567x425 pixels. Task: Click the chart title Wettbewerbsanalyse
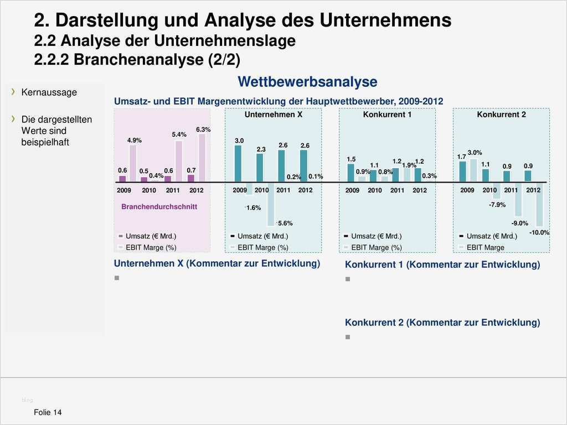[x=307, y=82]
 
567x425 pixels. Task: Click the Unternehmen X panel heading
[x=273, y=115]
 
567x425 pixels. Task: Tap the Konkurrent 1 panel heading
[x=387, y=115]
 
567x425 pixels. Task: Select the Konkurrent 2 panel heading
[x=501, y=115]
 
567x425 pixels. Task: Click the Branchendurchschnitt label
[x=159, y=206]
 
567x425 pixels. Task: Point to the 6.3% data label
[x=203, y=129]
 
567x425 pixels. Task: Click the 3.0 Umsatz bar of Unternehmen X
[x=238, y=163]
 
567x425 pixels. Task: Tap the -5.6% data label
[x=285, y=223]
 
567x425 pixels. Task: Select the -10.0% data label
[x=539, y=233]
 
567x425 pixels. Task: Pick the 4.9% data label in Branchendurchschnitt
[x=134, y=141]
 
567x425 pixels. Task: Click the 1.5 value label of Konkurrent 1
[x=351, y=159]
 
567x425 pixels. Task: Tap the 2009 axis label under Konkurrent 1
[x=352, y=190]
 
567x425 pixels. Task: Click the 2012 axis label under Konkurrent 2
[x=533, y=190]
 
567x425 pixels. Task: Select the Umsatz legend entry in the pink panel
[x=147, y=236]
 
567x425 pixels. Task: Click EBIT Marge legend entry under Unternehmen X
[x=262, y=247]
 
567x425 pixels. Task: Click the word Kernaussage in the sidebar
[x=49, y=92]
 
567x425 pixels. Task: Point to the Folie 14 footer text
[x=48, y=412]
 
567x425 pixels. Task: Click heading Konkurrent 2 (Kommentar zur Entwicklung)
[x=442, y=323]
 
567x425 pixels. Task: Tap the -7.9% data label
[x=497, y=205]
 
